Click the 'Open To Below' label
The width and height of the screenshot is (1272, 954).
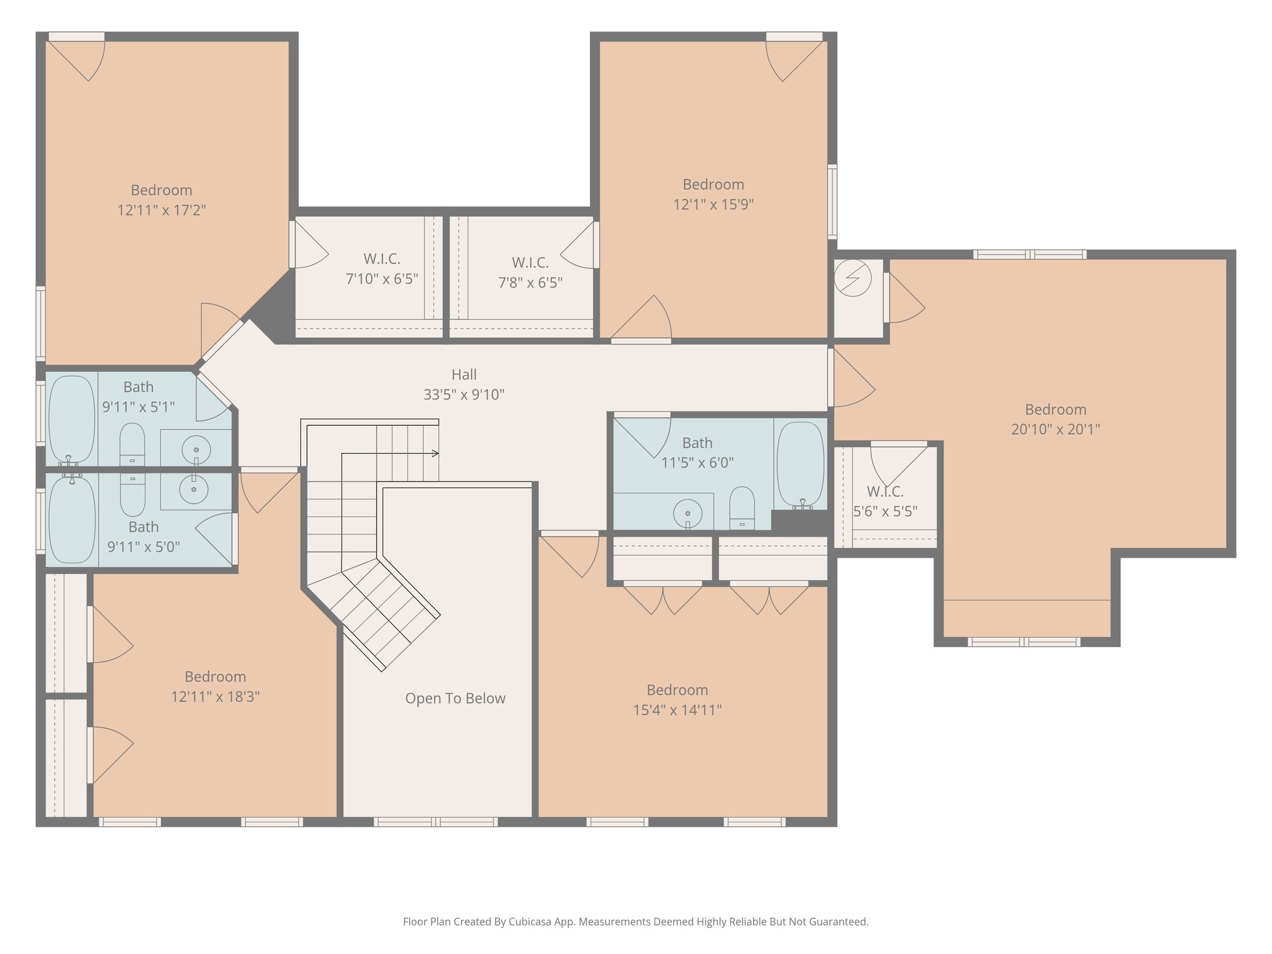click(x=455, y=698)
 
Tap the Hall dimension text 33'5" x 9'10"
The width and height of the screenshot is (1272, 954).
click(x=463, y=394)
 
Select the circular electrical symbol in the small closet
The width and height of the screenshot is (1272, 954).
click(x=853, y=277)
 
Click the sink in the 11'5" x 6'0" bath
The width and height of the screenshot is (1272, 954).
click(x=688, y=514)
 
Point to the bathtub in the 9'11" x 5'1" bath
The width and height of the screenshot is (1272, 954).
click(x=71, y=419)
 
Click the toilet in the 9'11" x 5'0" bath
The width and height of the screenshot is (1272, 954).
click(x=132, y=494)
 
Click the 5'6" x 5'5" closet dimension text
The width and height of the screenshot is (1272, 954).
click(x=885, y=511)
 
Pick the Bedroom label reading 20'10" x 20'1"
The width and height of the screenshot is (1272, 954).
click(x=1055, y=409)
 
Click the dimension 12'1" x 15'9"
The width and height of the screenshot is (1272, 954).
click(x=713, y=204)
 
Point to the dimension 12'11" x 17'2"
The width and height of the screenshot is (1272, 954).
click(x=161, y=210)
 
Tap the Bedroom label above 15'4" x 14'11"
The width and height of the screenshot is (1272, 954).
click(x=677, y=690)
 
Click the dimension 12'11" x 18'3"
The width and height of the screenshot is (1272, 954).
click(x=215, y=696)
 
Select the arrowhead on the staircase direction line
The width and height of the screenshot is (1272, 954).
click(x=436, y=453)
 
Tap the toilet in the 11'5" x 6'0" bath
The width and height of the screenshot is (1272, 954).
click(x=742, y=507)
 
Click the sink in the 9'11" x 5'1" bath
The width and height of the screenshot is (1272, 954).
click(x=196, y=448)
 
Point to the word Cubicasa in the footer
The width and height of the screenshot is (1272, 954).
click(x=529, y=922)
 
